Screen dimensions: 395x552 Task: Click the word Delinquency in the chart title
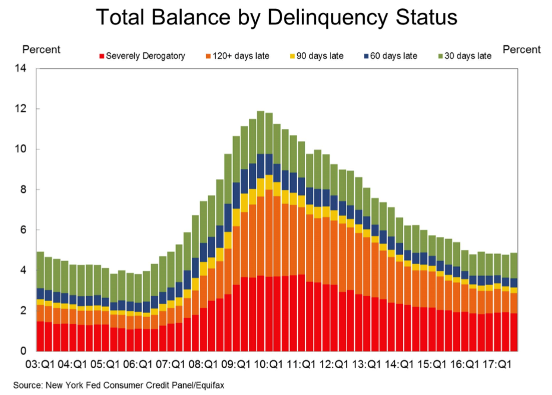317,17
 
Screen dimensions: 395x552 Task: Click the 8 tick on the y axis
24,190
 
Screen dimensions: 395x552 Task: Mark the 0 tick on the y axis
24,351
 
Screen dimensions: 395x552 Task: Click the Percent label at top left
41,49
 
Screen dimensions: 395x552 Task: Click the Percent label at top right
522,49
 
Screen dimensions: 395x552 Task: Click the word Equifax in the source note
207,385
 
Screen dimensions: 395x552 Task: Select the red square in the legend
102,57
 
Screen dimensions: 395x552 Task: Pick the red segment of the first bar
40,336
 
